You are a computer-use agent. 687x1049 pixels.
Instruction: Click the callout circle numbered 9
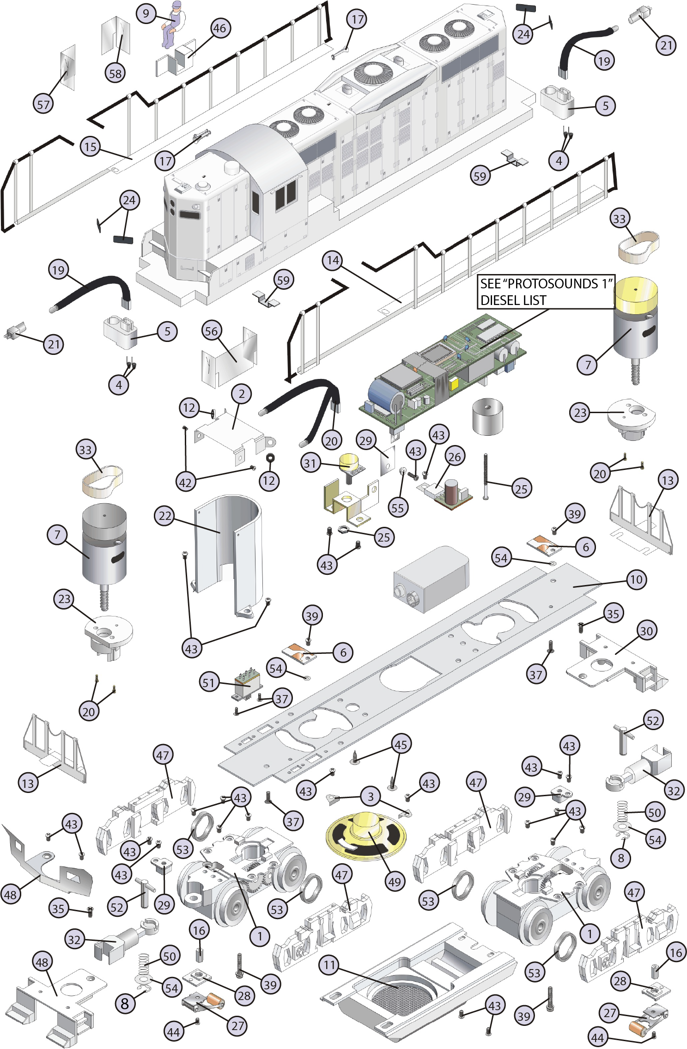(146, 13)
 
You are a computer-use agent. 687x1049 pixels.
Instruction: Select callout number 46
(219, 28)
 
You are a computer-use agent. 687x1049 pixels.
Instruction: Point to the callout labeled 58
(115, 73)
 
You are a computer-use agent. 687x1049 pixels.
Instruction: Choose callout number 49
(394, 881)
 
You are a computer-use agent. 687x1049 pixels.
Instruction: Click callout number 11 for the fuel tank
(329, 965)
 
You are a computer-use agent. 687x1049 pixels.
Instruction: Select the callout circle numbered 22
(165, 516)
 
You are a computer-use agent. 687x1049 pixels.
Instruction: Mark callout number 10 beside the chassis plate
(636, 579)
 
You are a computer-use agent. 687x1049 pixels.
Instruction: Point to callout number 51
(209, 682)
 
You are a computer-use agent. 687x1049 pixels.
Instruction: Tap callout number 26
(455, 457)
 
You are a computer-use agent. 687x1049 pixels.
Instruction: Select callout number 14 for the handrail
(333, 260)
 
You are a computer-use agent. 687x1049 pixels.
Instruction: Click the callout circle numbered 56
(211, 331)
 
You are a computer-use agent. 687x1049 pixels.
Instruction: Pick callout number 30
(646, 631)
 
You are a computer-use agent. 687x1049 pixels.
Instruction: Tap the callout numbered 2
(241, 394)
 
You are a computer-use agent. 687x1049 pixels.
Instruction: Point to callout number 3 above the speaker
(370, 796)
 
